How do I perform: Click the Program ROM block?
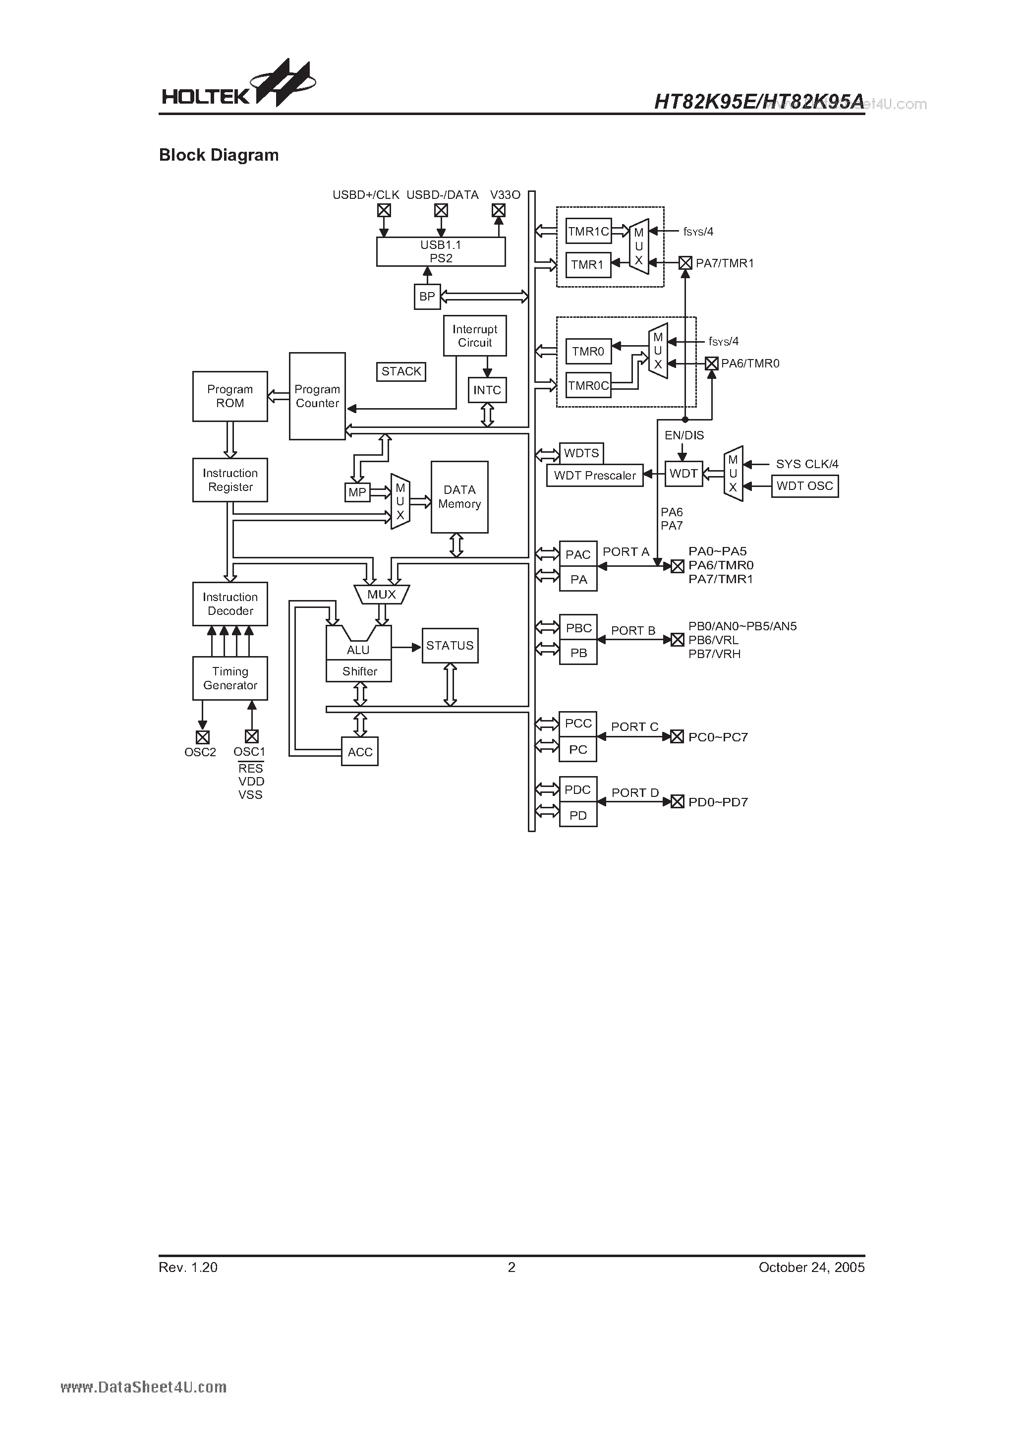[230, 396]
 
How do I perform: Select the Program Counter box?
[317, 396]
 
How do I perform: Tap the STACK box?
[401, 371]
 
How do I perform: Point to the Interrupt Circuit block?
[475, 336]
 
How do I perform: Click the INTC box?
[487, 390]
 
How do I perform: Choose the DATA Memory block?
[459, 497]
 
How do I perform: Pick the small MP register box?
[357, 492]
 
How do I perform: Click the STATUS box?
[450, 646]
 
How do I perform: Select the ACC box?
[360, 751]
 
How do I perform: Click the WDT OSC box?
[804, 485]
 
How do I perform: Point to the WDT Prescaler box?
[595, 476]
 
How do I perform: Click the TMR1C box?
[588, 231]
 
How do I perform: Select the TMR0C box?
[588, 385]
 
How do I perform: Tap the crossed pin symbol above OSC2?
[202, 737]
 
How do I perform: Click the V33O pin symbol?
[498, 210]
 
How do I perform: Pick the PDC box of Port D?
[577, 789]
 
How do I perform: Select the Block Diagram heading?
[219, 155]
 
